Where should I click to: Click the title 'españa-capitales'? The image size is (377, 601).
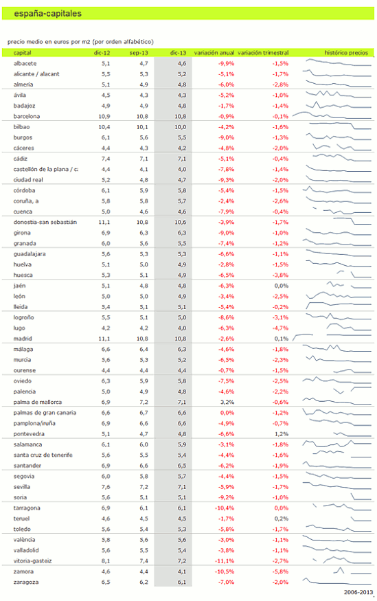point(47,14)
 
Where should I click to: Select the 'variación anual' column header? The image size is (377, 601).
point(214,53)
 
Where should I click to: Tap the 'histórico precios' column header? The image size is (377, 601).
point(346,53)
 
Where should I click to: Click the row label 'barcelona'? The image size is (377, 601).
point(26,116)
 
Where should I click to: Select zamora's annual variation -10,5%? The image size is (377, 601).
point(225,571)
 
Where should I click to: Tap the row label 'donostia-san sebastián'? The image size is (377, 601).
point(45,222)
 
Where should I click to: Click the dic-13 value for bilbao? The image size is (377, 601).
point(181,127)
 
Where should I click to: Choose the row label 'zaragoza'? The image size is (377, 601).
point(26,582)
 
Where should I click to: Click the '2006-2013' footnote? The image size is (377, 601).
point(358,592)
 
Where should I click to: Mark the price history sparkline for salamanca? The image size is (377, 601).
point(336,444)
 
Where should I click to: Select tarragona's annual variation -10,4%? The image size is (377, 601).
point(225,508)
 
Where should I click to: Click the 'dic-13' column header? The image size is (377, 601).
point(178,53)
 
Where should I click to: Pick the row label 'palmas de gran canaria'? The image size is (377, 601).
point(45,413)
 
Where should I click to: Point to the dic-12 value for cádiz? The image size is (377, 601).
point(106,159)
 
